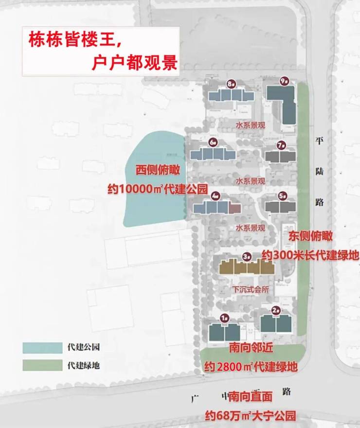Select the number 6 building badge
click(214, 143)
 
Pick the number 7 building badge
click(281, 145)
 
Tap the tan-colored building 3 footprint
click(246, 267)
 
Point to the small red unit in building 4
click(234, 208)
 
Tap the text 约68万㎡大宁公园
click(250, 416)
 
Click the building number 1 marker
click(224, 318)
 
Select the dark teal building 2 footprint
click(275, 323)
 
